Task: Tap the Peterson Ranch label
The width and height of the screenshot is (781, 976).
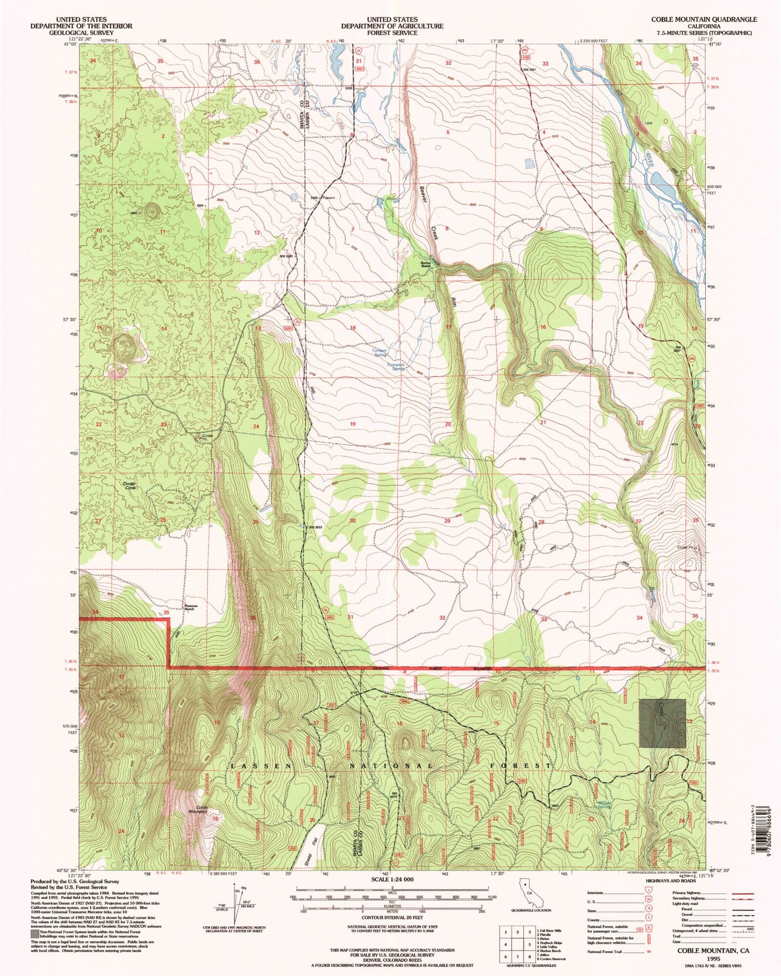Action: click(189, 607)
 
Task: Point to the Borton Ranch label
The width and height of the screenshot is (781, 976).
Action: click(425, 265)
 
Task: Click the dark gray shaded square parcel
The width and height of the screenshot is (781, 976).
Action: click(662, 723)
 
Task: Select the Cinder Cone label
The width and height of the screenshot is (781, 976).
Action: click(129, 485)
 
